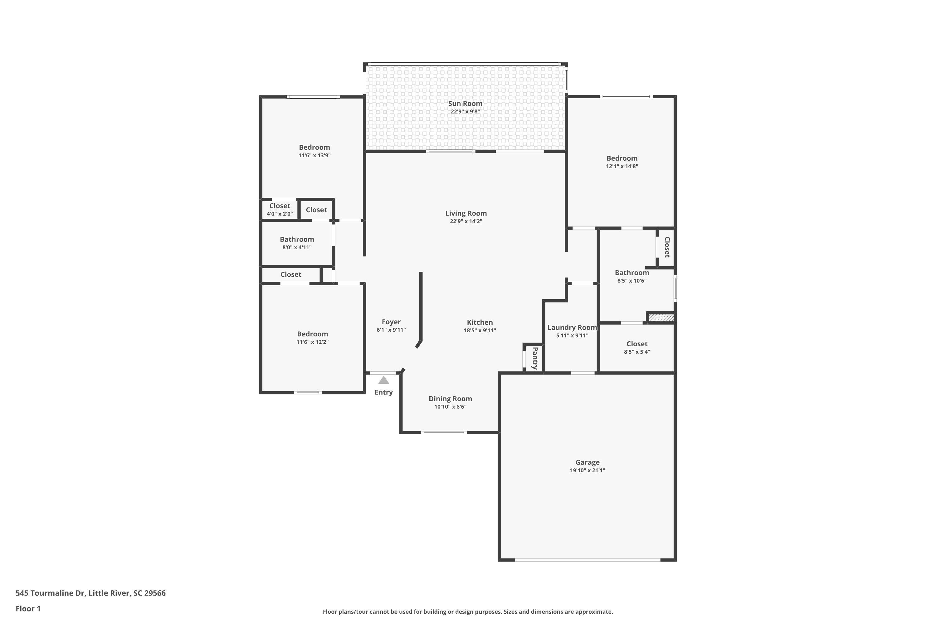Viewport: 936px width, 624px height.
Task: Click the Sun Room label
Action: (465, 104)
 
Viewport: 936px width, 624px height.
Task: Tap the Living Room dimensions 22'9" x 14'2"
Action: (466, 221)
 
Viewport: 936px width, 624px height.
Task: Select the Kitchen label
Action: (480, 322)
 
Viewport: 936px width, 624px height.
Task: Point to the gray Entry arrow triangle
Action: (384, 380)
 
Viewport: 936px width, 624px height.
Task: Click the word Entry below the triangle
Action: (384, 392)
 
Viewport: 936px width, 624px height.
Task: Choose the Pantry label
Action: (535, 358)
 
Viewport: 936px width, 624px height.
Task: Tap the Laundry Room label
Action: (572, 328)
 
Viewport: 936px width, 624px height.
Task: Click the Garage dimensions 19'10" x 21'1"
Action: (587, 470)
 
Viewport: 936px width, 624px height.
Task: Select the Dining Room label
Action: (451, 399)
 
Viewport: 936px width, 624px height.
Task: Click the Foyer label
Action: (391, 322)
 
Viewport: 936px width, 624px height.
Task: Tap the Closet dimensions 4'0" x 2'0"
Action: (280, 214)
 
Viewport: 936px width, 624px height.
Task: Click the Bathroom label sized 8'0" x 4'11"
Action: (297, 239)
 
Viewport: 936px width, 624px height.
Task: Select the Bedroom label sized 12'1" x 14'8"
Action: (622, 158)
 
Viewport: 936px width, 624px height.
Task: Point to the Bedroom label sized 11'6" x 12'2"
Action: (312, 334)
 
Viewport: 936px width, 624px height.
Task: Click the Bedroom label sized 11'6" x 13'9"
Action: (314, 147)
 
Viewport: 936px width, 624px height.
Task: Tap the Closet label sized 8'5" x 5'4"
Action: (637, 344)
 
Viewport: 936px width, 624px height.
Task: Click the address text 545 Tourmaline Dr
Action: (50, 593)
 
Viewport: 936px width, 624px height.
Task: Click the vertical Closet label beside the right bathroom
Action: (667, 247)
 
